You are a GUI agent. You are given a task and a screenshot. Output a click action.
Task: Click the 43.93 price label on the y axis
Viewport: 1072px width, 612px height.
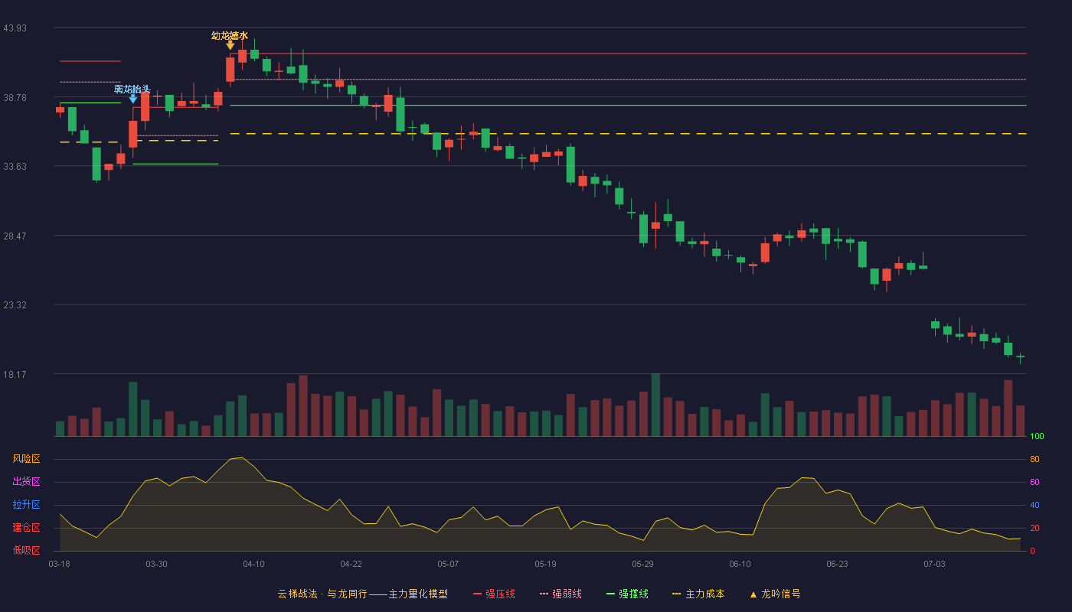15,28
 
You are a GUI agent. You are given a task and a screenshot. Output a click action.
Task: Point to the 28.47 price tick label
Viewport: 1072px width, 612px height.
15,236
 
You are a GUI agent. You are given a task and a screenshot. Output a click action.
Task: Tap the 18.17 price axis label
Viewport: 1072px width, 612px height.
15,375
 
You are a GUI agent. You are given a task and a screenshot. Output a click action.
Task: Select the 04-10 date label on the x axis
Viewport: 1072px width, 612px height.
253,565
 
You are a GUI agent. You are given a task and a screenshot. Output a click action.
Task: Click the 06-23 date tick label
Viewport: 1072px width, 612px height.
837,565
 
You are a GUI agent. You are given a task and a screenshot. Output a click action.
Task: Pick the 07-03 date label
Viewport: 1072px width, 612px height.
934,565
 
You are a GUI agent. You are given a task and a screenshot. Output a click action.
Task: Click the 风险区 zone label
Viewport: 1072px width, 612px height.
26,459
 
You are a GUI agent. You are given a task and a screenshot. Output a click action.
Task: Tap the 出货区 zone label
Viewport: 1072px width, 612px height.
26,481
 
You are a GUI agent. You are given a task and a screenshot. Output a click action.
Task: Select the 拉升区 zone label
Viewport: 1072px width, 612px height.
26,504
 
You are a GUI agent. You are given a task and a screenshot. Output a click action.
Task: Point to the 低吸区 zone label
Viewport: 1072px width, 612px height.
26,550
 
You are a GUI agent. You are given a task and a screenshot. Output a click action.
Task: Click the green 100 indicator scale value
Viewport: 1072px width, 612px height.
1037,436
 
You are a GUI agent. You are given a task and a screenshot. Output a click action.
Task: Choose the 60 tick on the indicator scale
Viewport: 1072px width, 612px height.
1034,482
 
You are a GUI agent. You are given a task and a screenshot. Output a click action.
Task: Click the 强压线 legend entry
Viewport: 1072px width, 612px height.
494,594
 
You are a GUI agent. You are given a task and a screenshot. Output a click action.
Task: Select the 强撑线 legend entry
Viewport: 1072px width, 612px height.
627,594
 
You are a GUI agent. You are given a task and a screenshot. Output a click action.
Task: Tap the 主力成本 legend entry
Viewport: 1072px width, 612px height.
698,594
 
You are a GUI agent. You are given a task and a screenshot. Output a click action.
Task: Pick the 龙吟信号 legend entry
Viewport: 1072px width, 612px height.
775,594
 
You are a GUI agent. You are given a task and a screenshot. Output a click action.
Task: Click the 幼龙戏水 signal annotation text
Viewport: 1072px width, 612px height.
230,36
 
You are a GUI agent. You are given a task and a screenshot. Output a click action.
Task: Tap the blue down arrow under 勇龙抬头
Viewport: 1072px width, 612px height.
133,99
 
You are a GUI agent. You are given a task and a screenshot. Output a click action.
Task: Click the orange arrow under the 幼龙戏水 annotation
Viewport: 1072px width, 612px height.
230,45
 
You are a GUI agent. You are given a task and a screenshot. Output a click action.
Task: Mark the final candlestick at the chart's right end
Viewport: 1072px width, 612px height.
1020,357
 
